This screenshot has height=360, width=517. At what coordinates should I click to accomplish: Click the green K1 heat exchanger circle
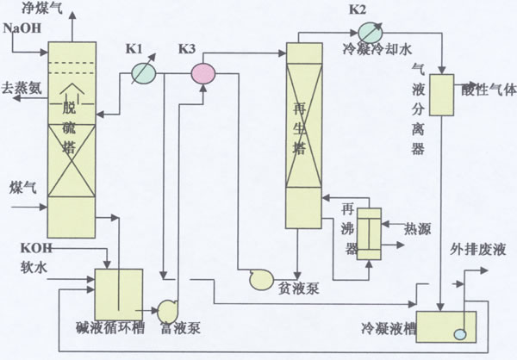pyautogui.click(x=143, y=73)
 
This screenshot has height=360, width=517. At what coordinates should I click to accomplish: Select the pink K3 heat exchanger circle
pyautogui.click(x=202, y=73)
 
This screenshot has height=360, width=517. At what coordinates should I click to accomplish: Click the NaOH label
pyautogui.click(x=21, y=28)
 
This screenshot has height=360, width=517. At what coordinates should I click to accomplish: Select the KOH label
pyautogui.click(x=17, y=248)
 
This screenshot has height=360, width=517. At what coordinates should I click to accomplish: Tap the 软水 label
pyautogui.click(x=18, y=266)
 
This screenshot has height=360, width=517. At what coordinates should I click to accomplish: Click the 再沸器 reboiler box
pyautogui.click(x=370, y=233)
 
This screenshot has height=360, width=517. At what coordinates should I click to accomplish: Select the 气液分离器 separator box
pyautogui.click(x=442, y=95)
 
